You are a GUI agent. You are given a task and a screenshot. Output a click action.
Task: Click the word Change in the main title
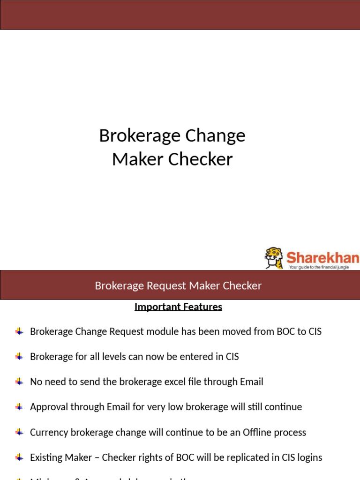coord(216,136)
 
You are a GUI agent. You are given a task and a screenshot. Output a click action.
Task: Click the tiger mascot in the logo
coord(274,258)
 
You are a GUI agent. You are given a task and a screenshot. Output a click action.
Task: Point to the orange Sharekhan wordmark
coord(322,257)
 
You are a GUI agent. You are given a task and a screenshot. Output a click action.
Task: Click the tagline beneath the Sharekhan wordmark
coord(319,267)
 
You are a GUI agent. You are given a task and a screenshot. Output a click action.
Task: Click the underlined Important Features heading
coord(178,307)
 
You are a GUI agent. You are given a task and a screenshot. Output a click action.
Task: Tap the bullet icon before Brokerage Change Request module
coord(19,331)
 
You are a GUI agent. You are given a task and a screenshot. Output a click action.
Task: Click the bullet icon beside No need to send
coord(19,382)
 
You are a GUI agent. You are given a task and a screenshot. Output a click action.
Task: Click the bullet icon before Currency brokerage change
coord(19,432)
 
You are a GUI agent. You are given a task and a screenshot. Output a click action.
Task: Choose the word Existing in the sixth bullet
coord(47,457)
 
